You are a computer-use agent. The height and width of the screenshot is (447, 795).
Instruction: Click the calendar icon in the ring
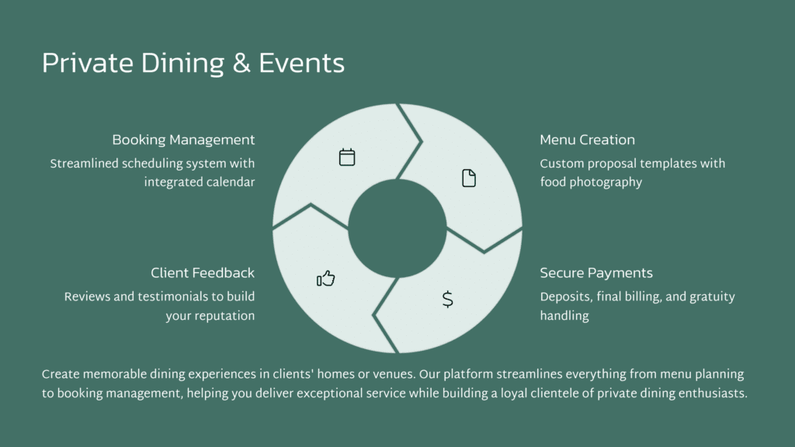pos(347,157)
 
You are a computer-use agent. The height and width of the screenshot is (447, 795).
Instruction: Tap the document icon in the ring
pos(469,178)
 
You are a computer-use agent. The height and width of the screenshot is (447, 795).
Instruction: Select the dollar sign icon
pos(448,300)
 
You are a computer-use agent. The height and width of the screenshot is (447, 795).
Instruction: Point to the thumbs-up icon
pos(326,279)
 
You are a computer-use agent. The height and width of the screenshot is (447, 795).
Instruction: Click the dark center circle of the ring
pos(397,229)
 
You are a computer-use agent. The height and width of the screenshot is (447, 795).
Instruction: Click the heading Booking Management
pos(183,140)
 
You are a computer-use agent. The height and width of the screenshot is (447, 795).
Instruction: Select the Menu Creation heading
pos(587,140)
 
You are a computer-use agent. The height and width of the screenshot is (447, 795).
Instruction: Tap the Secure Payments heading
pos(596,273)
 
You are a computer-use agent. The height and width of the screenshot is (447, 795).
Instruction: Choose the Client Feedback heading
pos(203,273)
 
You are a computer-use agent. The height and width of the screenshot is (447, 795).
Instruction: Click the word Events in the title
pos(302,64)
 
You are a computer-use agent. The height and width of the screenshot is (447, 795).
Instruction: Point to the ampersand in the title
pos(241,64)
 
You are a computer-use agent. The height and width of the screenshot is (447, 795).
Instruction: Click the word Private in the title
pos(88,64)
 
